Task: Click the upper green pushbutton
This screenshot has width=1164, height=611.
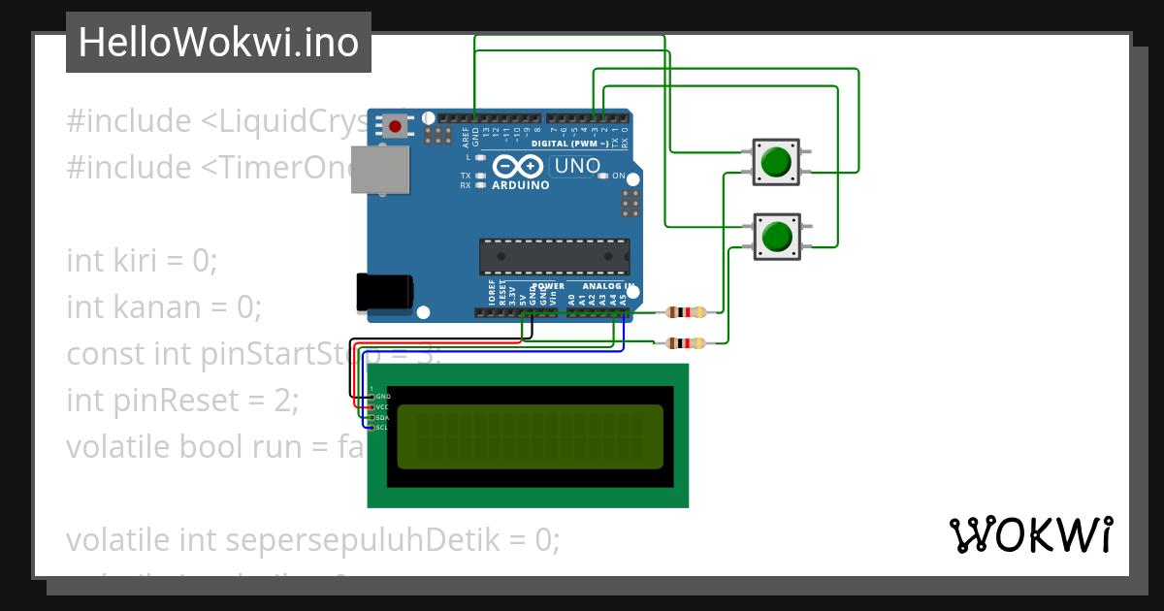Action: point(776,161)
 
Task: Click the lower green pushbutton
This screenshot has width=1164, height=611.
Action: point(776,237)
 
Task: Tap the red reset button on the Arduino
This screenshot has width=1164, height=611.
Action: point(396,125)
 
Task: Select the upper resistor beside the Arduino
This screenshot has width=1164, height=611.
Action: point(687,312)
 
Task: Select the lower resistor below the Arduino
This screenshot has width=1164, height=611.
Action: point(687,342)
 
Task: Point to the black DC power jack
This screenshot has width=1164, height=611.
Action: point(384,292)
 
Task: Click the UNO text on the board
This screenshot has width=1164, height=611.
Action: point(577,166)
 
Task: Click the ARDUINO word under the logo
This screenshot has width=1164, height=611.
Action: point(521,184)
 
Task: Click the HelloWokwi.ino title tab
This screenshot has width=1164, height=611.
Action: point(218,43)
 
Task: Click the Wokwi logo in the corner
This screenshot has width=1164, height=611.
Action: point(1030,535)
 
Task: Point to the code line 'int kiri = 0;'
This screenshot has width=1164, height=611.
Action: point(142,261)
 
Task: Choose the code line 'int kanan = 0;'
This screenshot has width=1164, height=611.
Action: point(164,307)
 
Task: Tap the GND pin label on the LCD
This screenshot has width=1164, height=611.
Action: point(383,397)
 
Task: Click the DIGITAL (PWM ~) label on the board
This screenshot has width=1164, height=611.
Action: point(569,144)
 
